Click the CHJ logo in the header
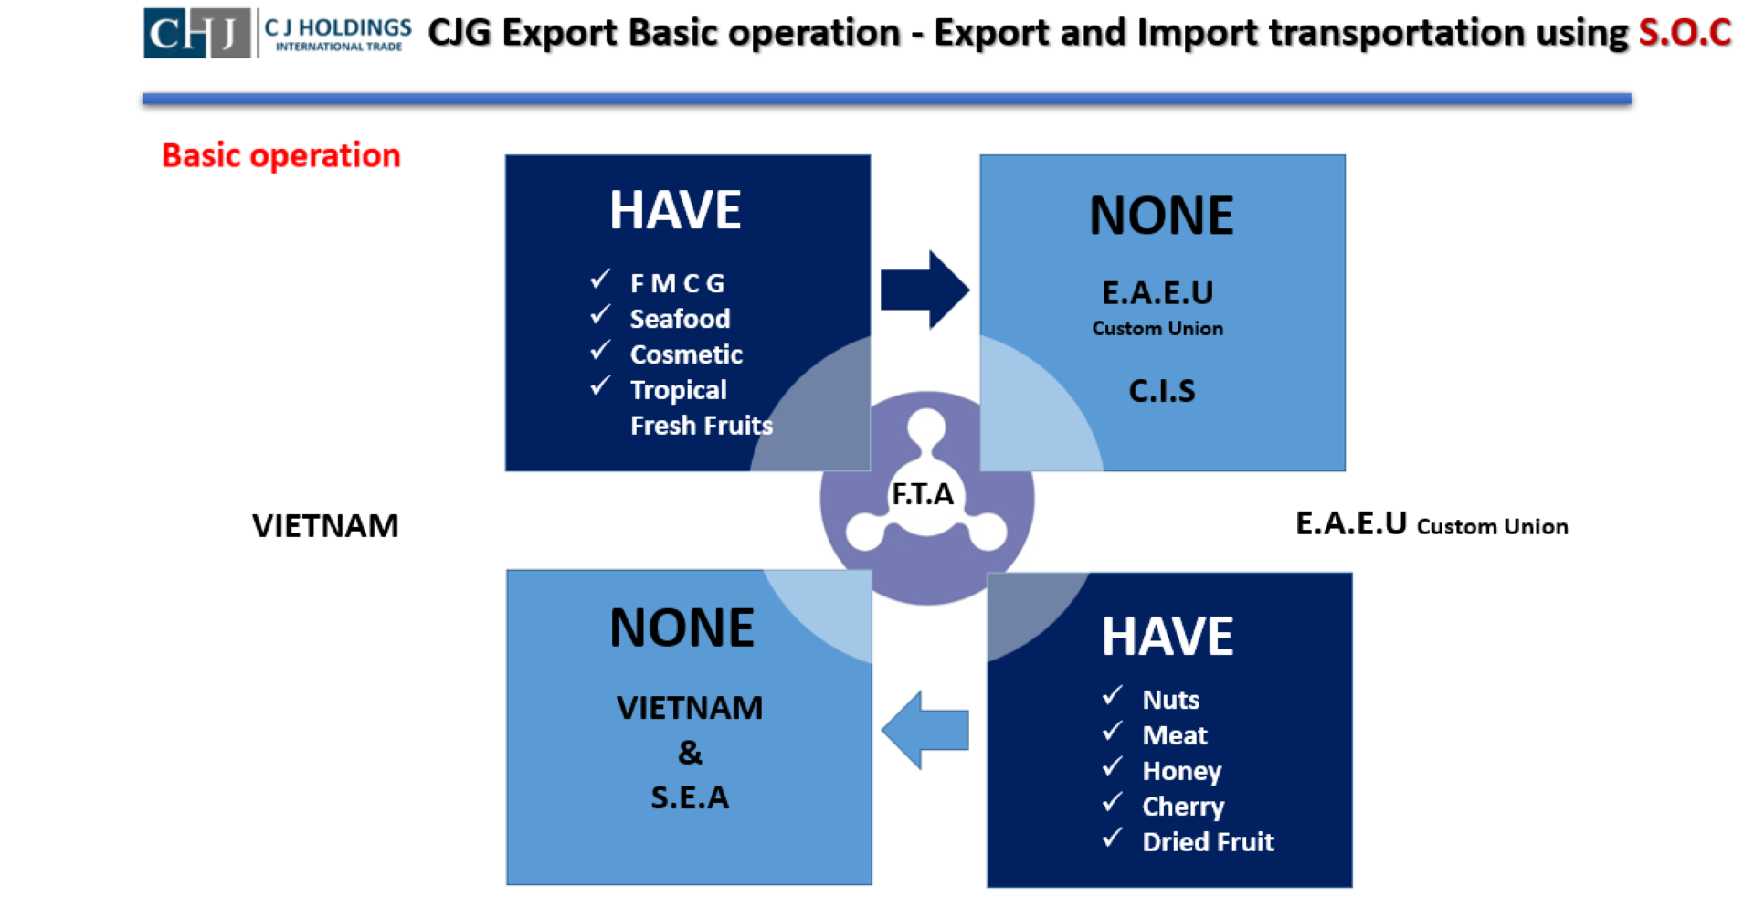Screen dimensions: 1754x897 (x=196, y=33)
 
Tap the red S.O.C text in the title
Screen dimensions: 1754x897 (x=1685, y=33)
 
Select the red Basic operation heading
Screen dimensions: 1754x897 (x=281, y=155)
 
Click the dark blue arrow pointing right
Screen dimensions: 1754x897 (x=925, y=290)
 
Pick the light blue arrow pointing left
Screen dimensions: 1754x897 (x=925, y=730)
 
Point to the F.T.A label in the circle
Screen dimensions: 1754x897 (x=923, y=494)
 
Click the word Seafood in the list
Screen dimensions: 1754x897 (x=680, y=319)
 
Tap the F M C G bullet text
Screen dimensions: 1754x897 (x=677, y=283)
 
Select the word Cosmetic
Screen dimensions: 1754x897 (x=686, y=354)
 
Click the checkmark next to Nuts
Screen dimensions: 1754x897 (x=1112, y=696)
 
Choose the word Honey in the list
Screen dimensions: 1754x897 (x=1181, y=772)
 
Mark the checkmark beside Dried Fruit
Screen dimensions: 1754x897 (x=1112, y=839)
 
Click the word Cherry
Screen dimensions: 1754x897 (x=1183, y=807)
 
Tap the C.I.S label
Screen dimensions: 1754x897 (x=1162, y=391)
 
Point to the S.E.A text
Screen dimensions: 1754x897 (x=690, y=797)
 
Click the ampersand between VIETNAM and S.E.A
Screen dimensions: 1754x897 (x=690, y=753)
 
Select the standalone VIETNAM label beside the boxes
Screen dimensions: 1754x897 (x=325, y=526)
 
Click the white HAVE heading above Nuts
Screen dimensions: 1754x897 (x=1168, y=637)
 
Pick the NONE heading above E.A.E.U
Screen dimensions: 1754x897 (x=1161, y=216)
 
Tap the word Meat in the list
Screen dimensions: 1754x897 (x=1175, y=735)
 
